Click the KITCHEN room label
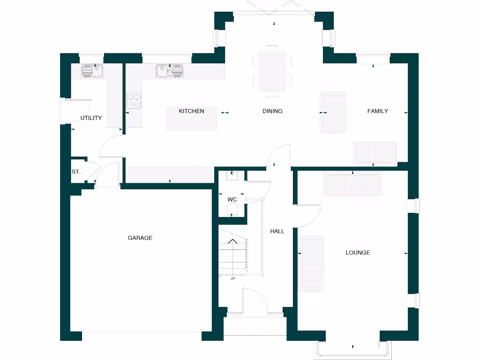(x=192, y=111)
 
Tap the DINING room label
(x=272, y=111)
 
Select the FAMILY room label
(x=377, y=111)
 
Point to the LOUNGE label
(x=358, y=253)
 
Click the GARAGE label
(x=140, y=238)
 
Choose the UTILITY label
(x=91, y=118)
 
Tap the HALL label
(x=277, y=231)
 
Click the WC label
(x=232, y=200)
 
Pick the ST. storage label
(x=76, y=172)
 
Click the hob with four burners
(x=134, y=101)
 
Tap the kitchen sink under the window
(x=170, y=71)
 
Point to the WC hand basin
(x=232, y=176)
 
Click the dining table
(x=272, y=71)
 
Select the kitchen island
(x=192, y=120)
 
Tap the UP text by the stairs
(x=232, y=279)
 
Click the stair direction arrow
(x=232, y=242)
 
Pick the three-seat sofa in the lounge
(x=353, y=185)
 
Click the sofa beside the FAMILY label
(x=333, y=112)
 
